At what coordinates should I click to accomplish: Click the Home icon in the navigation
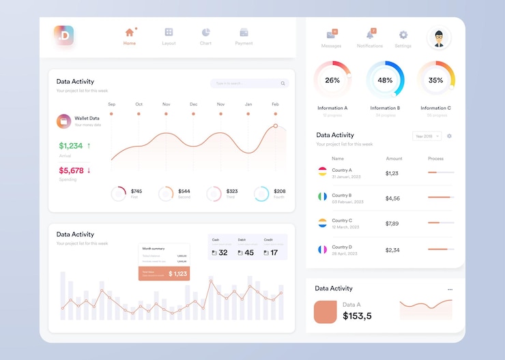[129, 32]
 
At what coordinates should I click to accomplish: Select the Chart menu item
[205, 32]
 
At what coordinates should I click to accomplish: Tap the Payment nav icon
[244, 32]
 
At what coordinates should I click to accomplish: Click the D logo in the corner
[64, 35]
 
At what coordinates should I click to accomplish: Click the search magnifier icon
[283, 83]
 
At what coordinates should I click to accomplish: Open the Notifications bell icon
[370, 35]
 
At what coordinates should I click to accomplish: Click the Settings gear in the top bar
[403, 35]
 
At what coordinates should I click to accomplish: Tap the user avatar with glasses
[439, 38]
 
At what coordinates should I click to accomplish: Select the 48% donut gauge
[385, 80]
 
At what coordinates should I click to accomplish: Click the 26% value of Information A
[332, 80]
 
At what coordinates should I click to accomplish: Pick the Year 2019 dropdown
[427, 136]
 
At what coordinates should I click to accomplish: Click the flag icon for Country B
[322, 197]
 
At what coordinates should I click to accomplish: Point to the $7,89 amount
[392, 224]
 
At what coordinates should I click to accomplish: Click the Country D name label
[342, 247]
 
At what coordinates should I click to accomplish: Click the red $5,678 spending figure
[71, 170]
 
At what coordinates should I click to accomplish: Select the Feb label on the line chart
[275, 104]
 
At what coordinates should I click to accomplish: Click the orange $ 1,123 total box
[164, 273]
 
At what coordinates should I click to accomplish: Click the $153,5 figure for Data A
[357, 316]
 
